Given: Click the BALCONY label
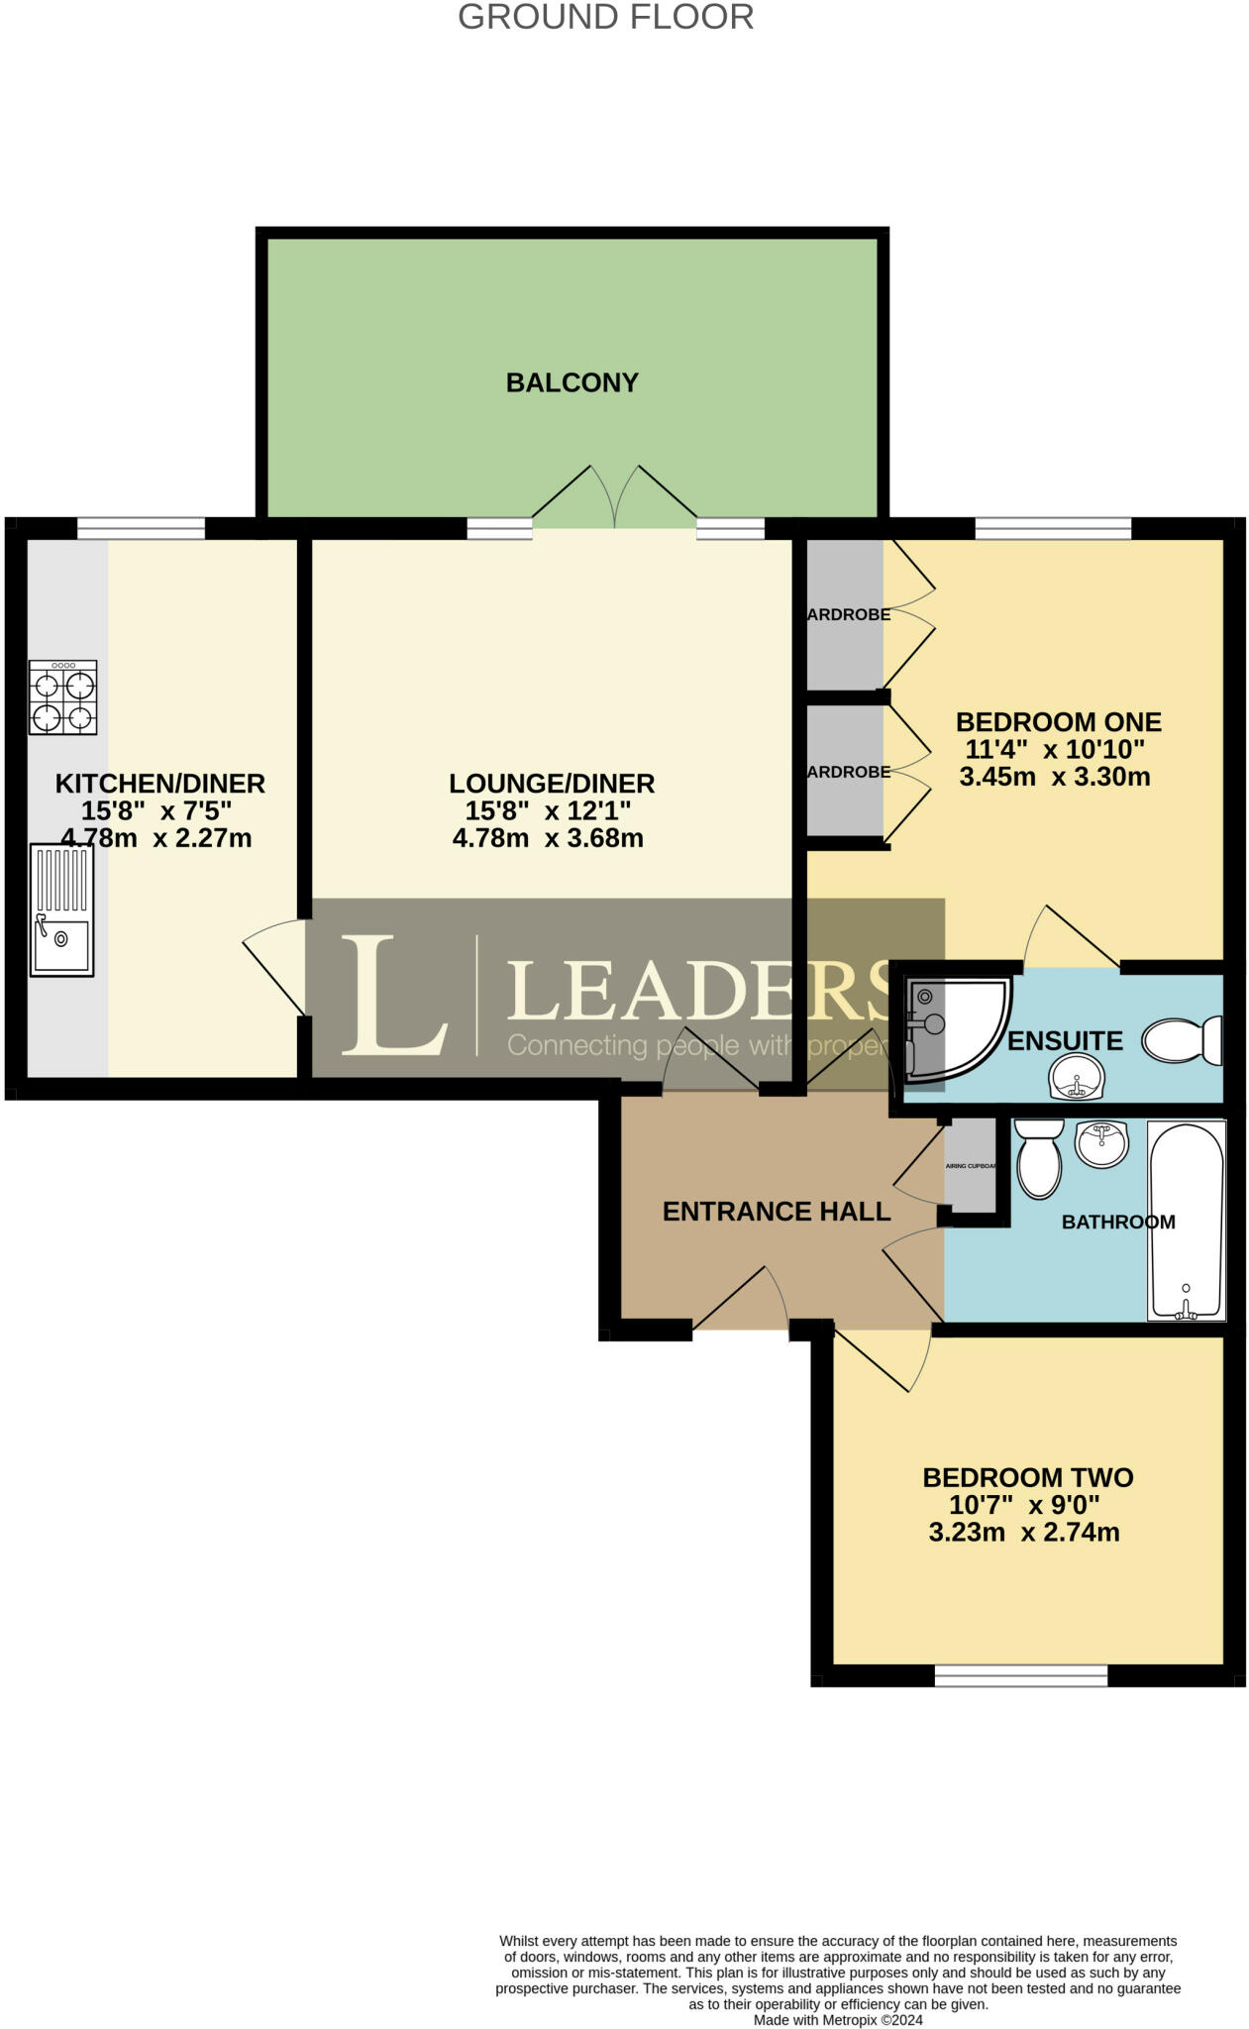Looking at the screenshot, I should (572, 382).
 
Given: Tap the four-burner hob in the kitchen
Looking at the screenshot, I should (62, 697).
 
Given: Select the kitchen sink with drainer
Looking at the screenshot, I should (62, 909).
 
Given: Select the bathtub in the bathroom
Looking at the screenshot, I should (1186, 1221).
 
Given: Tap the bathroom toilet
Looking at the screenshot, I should (1038, 1158).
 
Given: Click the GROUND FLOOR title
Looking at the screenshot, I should (605, 17).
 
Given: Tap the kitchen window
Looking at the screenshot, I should (141, 529).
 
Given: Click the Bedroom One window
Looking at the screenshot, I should (1052, 529).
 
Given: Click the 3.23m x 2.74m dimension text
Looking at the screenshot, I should (1023, 1533).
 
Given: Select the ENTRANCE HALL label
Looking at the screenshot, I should (776, 1212).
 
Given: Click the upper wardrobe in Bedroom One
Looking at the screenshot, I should (845, 614).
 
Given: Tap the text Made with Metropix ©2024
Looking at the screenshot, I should (838, 2019).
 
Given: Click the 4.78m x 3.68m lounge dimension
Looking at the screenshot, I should (548, 838).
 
